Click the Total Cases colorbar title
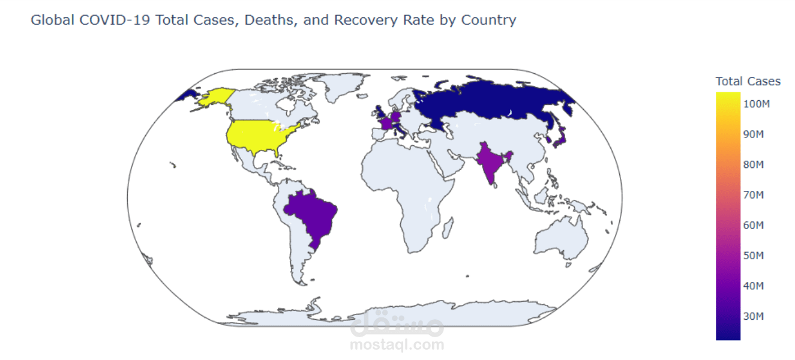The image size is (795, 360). (x=748, y=81)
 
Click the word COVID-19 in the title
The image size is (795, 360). (x=121, y=20)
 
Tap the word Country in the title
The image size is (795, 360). (x=488, y=20)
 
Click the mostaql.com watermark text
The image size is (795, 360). (x=397, y=345)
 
